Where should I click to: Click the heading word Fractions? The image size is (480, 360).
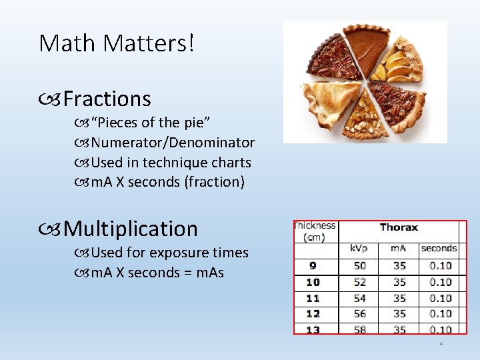(x=107, y=99)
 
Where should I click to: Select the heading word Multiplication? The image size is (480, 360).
(x=131, y=229)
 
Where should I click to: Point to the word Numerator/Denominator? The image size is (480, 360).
(x=173, y=142)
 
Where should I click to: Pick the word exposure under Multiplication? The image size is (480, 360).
(x=177, y=253)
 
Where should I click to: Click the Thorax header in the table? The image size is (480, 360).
(x=399, y=227)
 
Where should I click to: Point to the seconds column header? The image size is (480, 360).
(x=439, y=248)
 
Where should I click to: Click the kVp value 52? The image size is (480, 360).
(x=360, y=282)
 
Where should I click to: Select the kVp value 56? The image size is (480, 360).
(x=360, y=313)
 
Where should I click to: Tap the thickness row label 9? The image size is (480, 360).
(x=313, y=266)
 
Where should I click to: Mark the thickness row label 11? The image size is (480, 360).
(x=313, y=298)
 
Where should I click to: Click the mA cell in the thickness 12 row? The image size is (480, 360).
(x=399, y=313)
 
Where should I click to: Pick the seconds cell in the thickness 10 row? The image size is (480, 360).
(x=440, y=282)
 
